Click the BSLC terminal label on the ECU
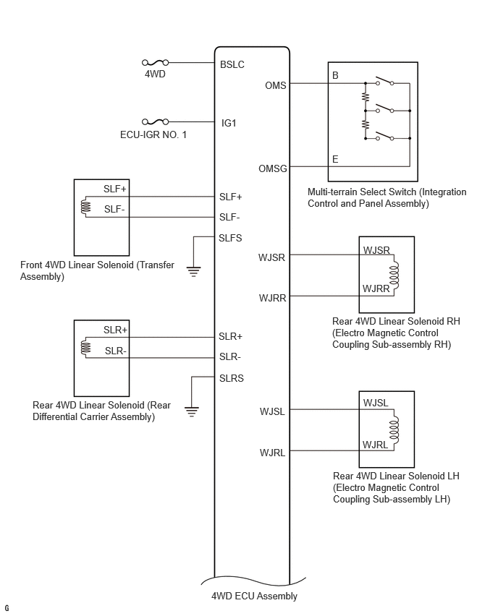(x=232, y=64)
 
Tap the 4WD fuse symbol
(x=155, y=62)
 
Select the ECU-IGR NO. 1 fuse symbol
(x=155, y=121)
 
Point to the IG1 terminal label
(x=229, y=123)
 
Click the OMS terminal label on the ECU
(x=275, y=85)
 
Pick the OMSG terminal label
(x=273, y=168)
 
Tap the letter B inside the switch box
(x=335, y=75)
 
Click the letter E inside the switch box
(x=335, y=159)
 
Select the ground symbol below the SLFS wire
(x=193, y=271)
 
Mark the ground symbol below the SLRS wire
(x=192, y=411)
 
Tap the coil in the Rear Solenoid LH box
(x=394, y=429)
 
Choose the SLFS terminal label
(x=230, y=238)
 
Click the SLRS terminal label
(x=232, y=378)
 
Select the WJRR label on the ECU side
(x=272, y=298)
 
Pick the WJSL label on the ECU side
(x=272, y=411)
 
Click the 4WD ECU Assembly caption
(x=254, y=596)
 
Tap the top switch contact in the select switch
(x=385, y=81)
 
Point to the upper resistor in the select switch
(x=366, y=97)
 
